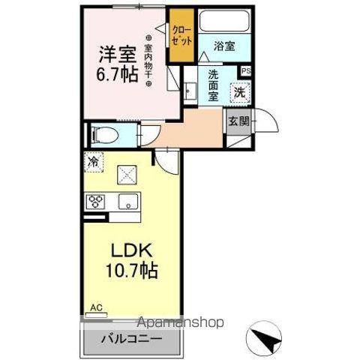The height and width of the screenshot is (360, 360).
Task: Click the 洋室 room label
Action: pos(117,54)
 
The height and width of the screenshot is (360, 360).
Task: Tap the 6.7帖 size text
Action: pos(117,76)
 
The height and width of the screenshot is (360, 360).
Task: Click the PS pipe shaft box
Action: pos(246,71)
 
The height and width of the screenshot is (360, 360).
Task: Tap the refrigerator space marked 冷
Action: pos(94,160)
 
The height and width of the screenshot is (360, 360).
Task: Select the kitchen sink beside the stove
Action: pos(127,201)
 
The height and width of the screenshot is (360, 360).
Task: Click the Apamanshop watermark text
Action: pos(181,323)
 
